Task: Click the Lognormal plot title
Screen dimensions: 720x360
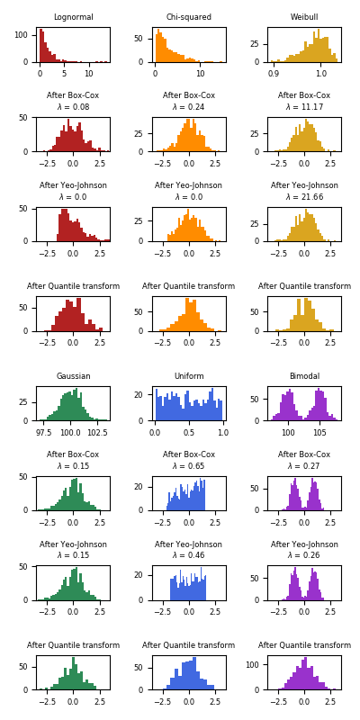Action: point(73,17)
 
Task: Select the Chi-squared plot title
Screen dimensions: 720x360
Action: point(189,17)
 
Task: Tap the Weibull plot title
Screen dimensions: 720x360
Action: point(304,17)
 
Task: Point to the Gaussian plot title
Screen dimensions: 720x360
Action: point(73,376)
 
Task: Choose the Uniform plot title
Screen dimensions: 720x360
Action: point(189,376)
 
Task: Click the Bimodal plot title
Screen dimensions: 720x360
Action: point(304,376)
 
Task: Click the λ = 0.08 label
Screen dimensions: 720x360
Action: point(73,107)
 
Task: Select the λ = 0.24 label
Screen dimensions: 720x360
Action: point(189,107)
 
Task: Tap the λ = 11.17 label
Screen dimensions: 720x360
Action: point(304,107)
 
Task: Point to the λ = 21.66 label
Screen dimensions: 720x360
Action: point(304,197)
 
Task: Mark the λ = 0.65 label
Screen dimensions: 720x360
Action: point(189,466)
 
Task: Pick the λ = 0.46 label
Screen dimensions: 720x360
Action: point(189,555)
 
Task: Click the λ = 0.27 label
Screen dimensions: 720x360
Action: point(304,466)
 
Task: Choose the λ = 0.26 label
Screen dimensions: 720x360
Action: point(304,555)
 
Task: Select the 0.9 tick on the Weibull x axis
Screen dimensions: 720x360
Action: point(274,74)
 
